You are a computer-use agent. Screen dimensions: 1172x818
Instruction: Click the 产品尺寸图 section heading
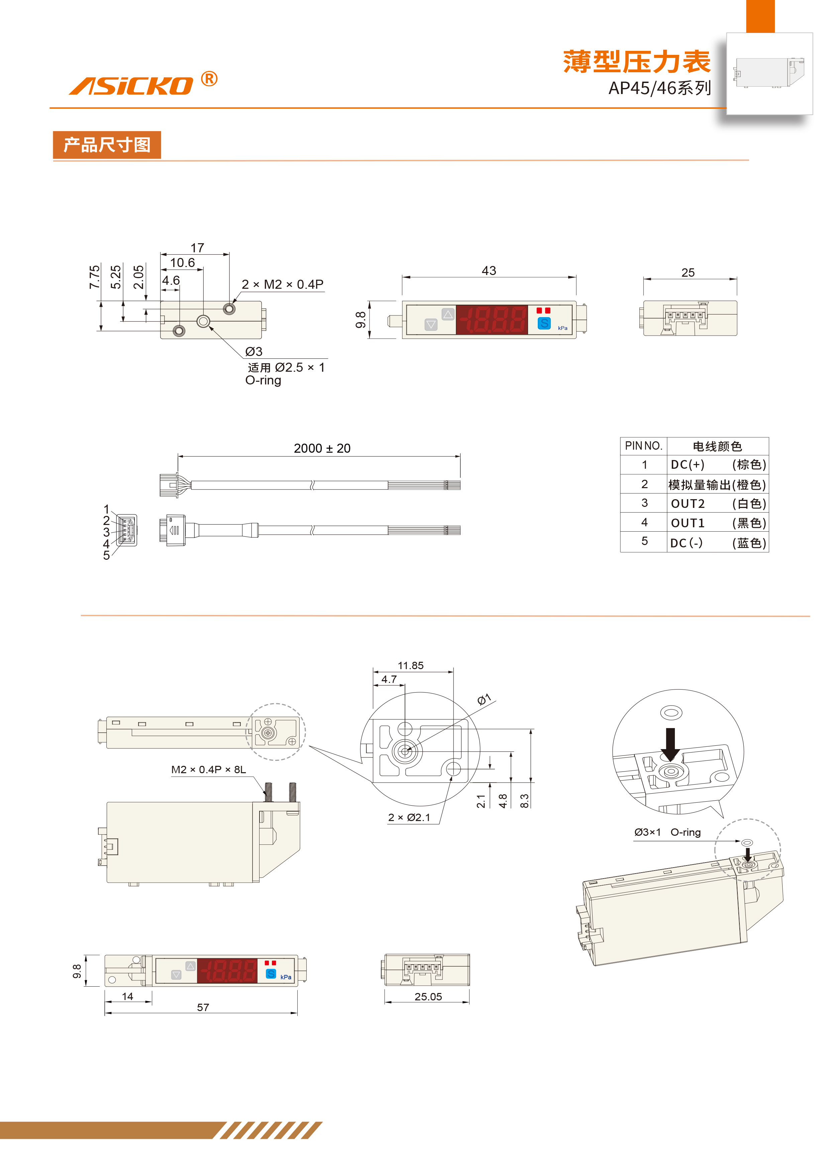pyautogui.click(x=107, y=145)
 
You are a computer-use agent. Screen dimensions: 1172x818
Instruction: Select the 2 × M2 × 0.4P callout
pyautogui.click(x=282, y=284)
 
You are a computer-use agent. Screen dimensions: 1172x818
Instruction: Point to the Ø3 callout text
pyautogui.click(x=253, y=352)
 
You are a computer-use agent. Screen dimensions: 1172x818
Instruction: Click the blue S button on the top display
pyautogui.click(x=544, y=323)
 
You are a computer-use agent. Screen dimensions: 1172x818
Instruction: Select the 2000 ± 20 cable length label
pyautogui.click(x=322, y=448)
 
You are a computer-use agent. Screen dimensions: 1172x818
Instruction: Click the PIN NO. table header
pyautogui.click(x=643, y=446)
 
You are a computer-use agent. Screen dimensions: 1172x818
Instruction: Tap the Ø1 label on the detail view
pyautogui.click(x=484, y=699)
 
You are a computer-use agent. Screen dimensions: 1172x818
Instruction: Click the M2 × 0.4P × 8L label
pyautogui.click(x=208, y=769)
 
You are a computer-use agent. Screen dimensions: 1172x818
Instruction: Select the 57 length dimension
pyautogui.click(x=203, y=1007)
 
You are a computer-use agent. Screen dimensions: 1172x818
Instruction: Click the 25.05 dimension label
pyautogui.click(x=428, y=996)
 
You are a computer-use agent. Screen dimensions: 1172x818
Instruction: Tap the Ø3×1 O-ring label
pyautogui.click(x=667, y=832)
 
